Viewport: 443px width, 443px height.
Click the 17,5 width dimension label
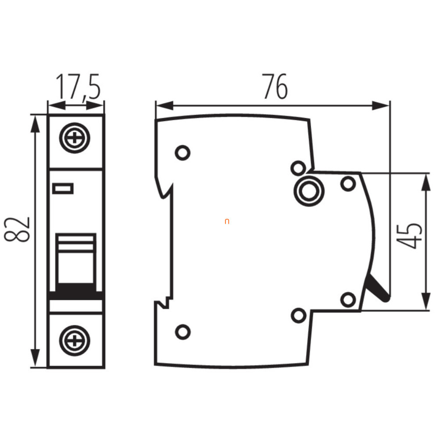pos(78,86)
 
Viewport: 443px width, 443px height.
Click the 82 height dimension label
pos(17,229)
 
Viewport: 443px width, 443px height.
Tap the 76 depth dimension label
pos(275,86)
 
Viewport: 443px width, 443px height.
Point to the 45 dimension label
pos(409,236)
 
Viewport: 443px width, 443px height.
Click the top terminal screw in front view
pos(75,138)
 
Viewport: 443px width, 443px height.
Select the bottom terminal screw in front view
pos(75,340)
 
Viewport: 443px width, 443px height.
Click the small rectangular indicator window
pos(63,189)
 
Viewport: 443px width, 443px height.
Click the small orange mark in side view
pos(227,221)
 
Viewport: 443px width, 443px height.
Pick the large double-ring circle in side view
pos(309,191)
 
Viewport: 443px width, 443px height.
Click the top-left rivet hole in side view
pos(183,153)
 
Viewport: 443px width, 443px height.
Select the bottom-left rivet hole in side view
pos(183,332)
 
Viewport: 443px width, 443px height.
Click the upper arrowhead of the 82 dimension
pos(35,123)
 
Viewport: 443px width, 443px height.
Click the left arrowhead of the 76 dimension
pos(164,106)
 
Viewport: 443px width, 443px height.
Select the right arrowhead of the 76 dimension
pos(381,106)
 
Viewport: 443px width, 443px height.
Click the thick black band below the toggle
pos(76,291)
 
